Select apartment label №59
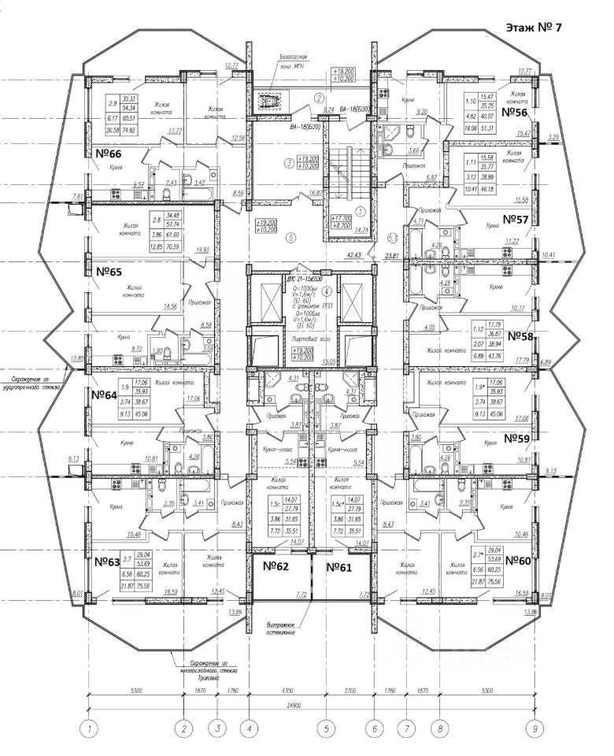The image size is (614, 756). [x=520, y=438]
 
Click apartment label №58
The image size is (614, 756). [x=524, y=335]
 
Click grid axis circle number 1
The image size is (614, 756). [x=91, y=728]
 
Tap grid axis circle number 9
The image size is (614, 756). [x=534, y=728]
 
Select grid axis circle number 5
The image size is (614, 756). [x=325, y=728]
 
